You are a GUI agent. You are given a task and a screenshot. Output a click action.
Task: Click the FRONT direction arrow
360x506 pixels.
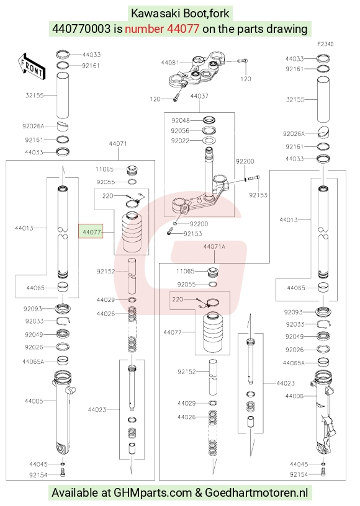click(32, 67)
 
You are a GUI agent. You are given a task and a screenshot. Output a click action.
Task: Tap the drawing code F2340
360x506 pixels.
click(325, 44)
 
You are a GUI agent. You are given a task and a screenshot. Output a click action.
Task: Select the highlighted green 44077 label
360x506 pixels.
click(91, 232)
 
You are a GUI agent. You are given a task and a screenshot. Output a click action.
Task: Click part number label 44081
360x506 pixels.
click(169, 62)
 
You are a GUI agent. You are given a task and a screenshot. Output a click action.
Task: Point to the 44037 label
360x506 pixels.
click(199, 96)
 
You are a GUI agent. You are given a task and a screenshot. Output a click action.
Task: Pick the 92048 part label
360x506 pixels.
click(181, 120)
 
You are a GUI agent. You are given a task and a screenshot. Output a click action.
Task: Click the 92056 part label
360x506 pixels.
click(180, 131)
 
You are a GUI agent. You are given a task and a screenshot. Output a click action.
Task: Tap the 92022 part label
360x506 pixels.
click(180, 141)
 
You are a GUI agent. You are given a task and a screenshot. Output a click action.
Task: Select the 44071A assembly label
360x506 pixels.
click(214, 247)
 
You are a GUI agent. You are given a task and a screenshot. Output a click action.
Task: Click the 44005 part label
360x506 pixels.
click(34, 401)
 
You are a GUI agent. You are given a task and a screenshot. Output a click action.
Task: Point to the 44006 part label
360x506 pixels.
click(294, 396)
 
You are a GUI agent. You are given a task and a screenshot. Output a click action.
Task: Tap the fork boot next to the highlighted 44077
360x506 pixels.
click(132, 232)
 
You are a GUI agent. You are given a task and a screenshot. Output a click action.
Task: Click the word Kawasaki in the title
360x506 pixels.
click(156, 14)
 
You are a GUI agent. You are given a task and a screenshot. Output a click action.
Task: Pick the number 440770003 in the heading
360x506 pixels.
click(81, 29)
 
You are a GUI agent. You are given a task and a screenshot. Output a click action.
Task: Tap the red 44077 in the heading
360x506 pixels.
click(183, 29)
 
